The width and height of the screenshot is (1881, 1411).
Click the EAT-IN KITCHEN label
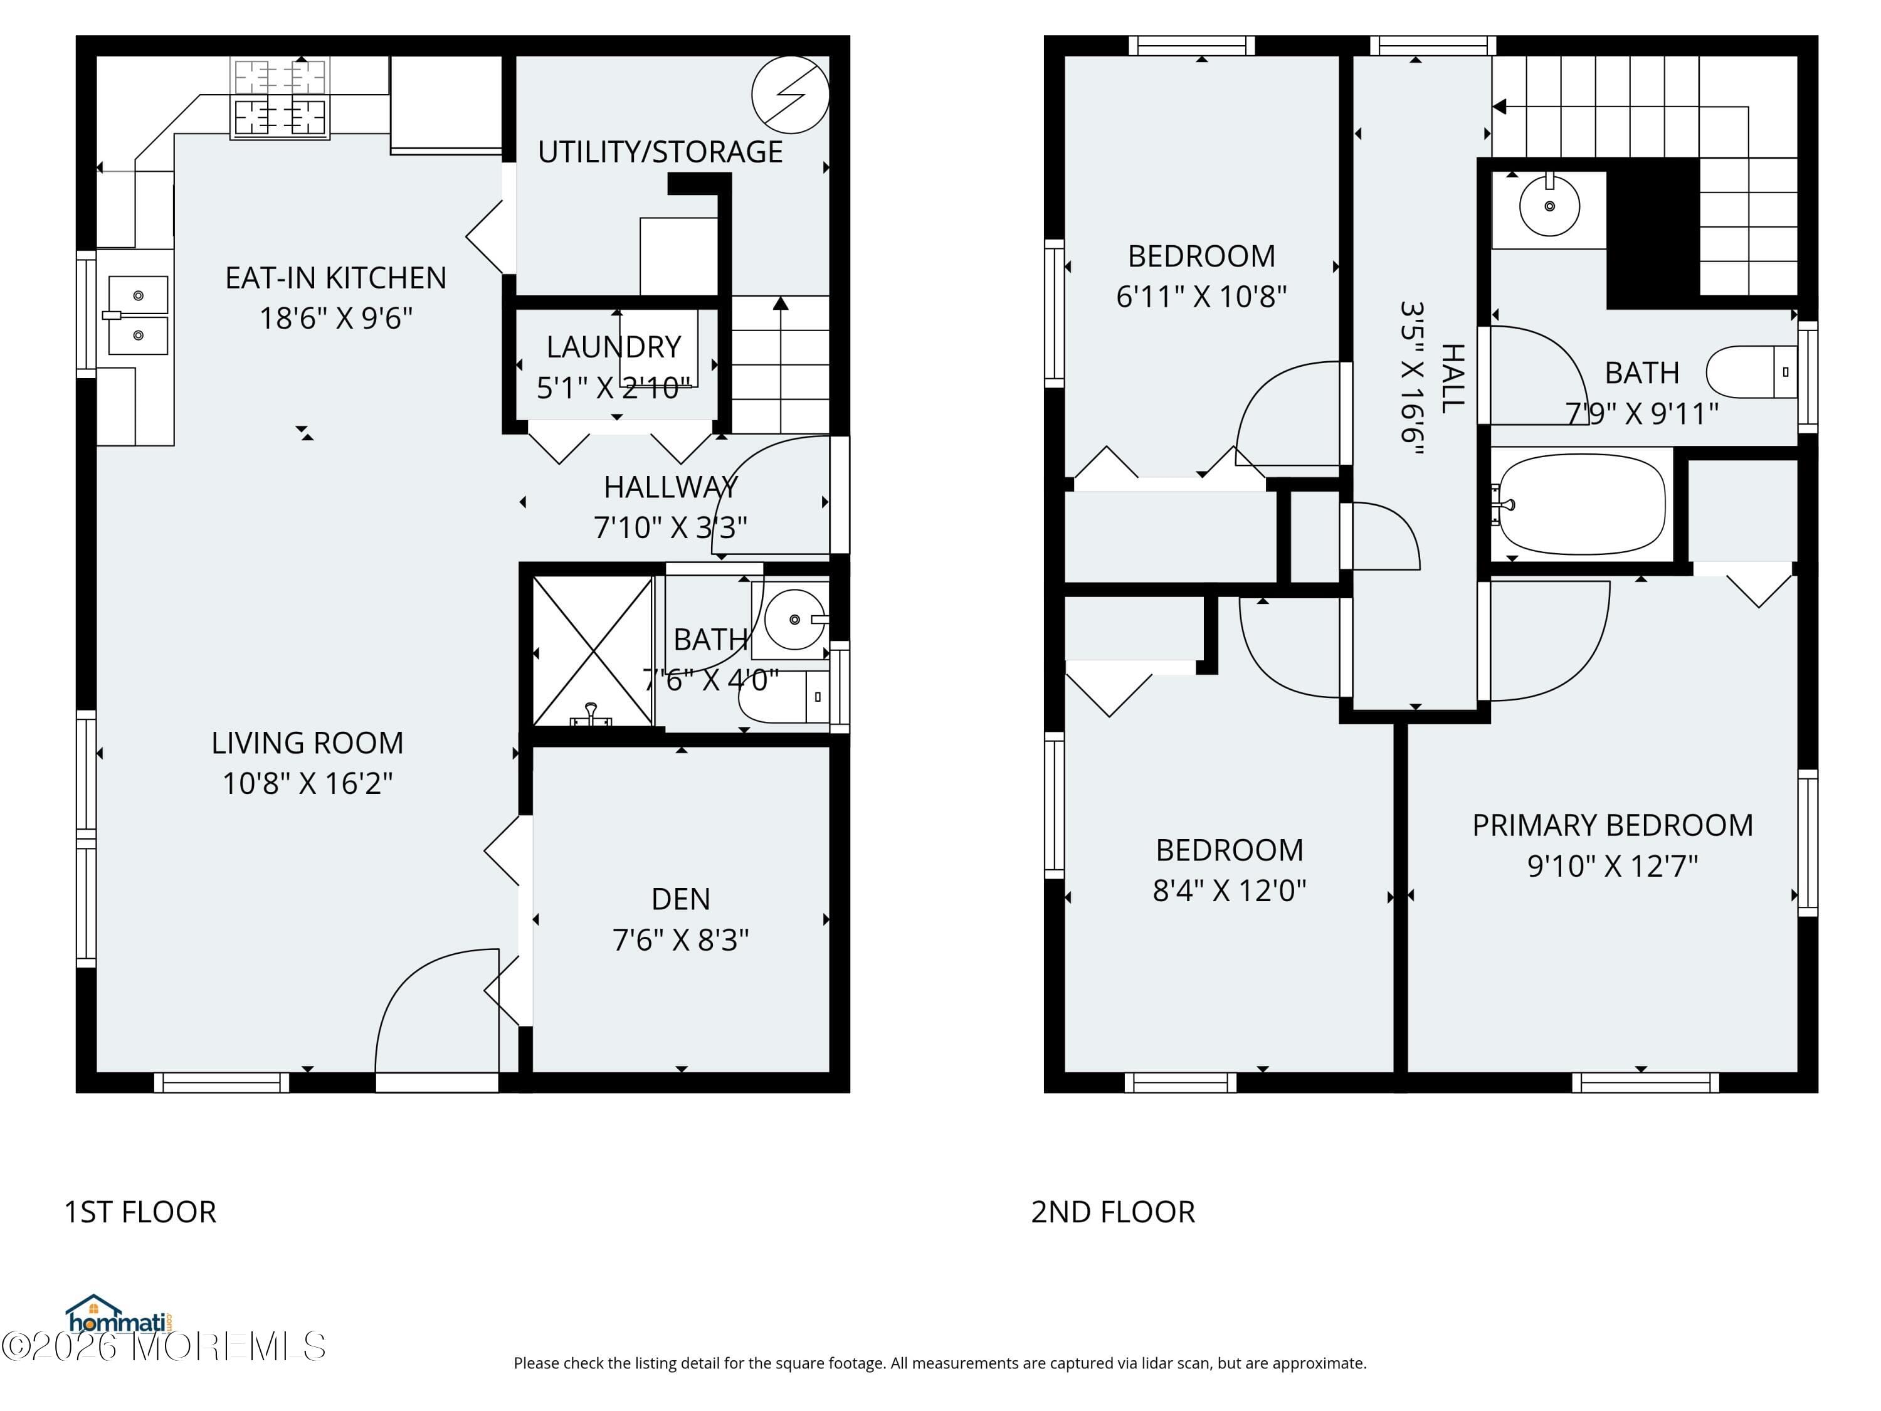pos(336,278)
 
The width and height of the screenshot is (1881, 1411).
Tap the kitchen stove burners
pos(280,98)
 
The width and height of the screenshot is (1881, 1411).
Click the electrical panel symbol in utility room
pos(790,95)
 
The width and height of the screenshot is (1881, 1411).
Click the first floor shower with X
pos(593,652)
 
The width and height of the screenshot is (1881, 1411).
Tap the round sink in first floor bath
pos(794,619)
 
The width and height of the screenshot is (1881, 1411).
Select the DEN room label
pos(680,899)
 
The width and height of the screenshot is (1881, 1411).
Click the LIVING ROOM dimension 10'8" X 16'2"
pos(308,783)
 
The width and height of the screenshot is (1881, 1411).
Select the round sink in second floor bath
pos(1549,206)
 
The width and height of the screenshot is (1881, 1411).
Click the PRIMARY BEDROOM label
pos(1612,825)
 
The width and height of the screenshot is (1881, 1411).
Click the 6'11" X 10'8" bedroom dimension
pos(1201,297)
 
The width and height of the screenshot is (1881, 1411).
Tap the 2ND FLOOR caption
pos(1112,1212)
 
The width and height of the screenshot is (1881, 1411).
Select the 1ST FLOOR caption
pos(140,1212)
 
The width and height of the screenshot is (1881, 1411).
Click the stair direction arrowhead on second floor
pos(1499,107)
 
